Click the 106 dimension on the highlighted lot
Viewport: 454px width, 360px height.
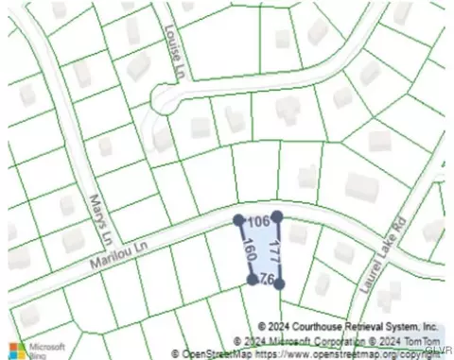point(257,221)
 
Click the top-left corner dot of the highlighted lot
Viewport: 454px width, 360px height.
point(238,220)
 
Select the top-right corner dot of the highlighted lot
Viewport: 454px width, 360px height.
point(276,216)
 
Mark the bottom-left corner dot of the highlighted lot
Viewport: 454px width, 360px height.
point(252,281)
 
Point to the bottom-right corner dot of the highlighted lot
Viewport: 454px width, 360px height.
point(279,283)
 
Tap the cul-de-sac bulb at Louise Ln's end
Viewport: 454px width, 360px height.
point(167,96)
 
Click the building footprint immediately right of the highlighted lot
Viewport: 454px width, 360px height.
point(298,233)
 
